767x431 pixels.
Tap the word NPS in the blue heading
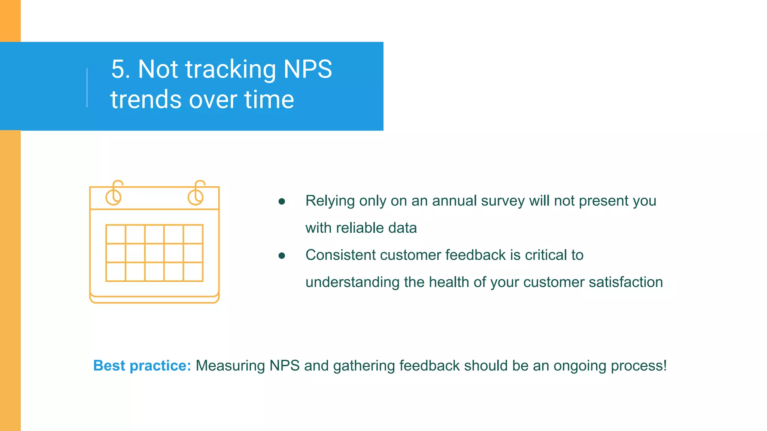click(x=307, y=69)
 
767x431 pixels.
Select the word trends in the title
click(x=146, y=100)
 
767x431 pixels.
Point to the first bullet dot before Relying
click(x=282, y=202)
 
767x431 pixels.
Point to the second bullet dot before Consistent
click(x=282, y=256)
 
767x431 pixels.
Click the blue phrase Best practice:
click(x=142, y=366)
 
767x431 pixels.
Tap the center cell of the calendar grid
click(x=154, y=253)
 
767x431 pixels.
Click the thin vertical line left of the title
click(x=87, y=88)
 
